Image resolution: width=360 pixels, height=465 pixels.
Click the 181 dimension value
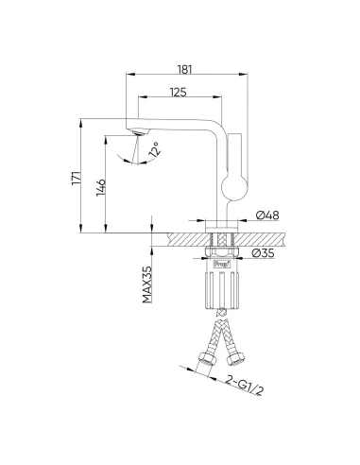184,69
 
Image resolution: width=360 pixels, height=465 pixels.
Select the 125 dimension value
179,92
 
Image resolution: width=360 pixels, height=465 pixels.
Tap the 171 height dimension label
77,178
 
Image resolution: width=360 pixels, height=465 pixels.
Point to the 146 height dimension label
101,187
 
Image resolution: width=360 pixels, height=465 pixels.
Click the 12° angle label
155,149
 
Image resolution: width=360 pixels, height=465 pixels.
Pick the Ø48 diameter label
267,215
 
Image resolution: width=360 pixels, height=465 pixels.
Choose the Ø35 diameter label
264,253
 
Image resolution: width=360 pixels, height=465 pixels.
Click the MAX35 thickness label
147,284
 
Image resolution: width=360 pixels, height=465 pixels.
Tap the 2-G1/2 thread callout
245,386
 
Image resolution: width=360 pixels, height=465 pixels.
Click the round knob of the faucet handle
234,188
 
